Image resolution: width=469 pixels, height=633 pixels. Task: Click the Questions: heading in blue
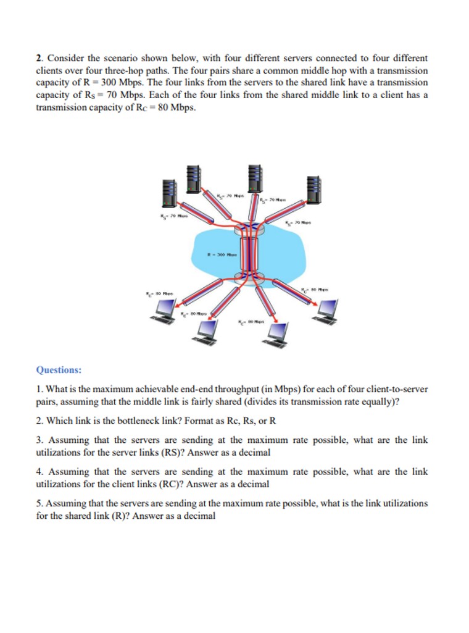pos(59,370)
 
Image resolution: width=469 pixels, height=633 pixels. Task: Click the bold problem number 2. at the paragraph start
pos(40,59)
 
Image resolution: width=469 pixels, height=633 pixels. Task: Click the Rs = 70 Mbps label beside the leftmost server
pos(173,216)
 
